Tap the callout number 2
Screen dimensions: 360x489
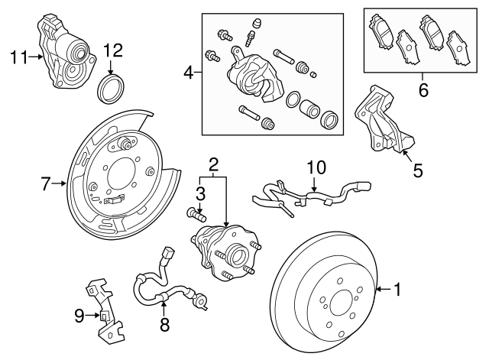click(x=215, y=164)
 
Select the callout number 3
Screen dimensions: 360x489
click(x=200, y=192)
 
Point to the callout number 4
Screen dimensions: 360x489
click(x=189, y=74)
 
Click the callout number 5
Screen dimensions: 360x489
click(x=417, y=170)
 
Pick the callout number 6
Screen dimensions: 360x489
click(x=423, y=90)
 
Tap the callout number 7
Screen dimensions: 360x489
click(x=46, y=183)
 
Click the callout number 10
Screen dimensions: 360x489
click(x=316, y=166)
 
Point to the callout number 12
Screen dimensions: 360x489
click(x=112, y=50)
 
